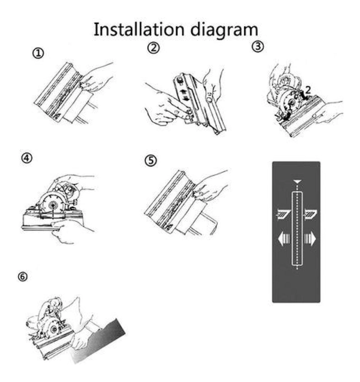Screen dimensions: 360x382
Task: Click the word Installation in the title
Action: click(x=139, y=30)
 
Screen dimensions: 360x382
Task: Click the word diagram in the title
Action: click(x=224, y=31)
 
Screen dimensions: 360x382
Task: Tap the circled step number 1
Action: click(x=38, y=53)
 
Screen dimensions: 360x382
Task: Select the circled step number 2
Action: click(x=153, y=48)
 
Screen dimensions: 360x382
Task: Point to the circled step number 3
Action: click(x=257, y=46)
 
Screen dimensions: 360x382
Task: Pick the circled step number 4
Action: click(x=27, y=158)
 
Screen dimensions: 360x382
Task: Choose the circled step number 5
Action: click(x=151, y=160)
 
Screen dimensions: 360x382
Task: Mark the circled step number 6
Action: click(x=22, y=277)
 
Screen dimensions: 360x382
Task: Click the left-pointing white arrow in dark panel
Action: click(x=283, y=239)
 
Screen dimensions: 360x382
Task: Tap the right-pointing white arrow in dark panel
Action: click(x=310, y=239)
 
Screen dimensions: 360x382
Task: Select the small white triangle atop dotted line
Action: click(x=297, y=182)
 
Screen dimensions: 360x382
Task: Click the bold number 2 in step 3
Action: click(x=308, y=90)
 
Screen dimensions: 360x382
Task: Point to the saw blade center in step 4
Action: click(x=53, y=205)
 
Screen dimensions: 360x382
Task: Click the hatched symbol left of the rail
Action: click(x=283, y=214)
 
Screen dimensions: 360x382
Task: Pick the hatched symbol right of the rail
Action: click(x=310, y=214)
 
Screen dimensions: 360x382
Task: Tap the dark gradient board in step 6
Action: click(x=99, y=341)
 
